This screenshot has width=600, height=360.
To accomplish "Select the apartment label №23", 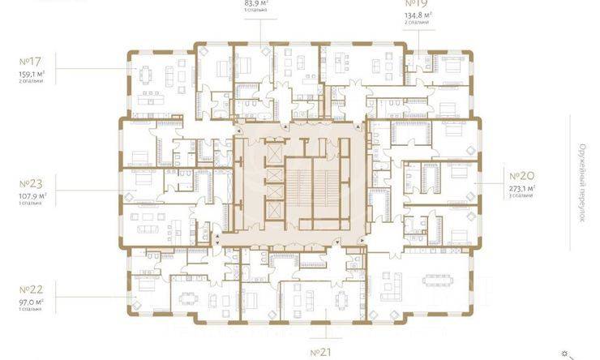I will click(x=29, y=182).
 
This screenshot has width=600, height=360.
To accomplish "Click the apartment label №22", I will click(x=29, y=289).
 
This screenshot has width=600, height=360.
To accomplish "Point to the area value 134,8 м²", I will click(x=418, y=14).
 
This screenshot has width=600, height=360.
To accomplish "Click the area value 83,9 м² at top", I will click(x=256, y=2).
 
